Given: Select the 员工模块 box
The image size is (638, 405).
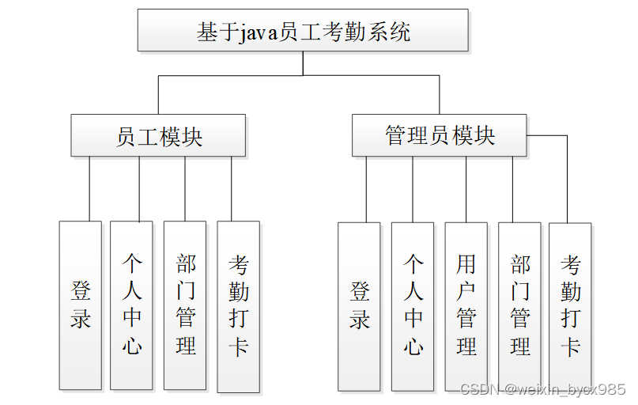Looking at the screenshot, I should click(x=158, y=135).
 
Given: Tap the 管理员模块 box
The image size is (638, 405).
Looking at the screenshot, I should click(x=439, y=135).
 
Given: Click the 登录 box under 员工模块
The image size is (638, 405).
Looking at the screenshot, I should click(x=81, y=305).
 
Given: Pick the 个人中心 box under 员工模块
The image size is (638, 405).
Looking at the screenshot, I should click(x=131, y=305).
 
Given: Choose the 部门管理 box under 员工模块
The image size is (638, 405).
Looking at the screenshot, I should click(x=185, y=305).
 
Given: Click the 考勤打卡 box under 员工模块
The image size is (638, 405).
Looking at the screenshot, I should click(x=238, y=305).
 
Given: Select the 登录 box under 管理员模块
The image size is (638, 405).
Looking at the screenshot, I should click(x=359, y=305).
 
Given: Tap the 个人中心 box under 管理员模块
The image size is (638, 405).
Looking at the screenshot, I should click(x=413, y=305).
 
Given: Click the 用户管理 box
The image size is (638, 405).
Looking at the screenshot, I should click(x=466, y=305).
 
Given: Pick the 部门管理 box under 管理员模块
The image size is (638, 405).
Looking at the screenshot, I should click(x=519, y=305).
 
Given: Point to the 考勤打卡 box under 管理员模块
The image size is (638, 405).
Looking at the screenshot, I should click(x=570, y=305).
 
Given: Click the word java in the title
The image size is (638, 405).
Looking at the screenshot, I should click(x=255, y=32).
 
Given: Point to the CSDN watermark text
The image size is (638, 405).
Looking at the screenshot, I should click(x=542, y=389).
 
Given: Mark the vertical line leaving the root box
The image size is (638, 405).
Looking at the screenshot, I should click(x=303, y=63).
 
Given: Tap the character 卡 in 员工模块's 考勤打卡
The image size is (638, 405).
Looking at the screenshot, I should click(x=239, y=346).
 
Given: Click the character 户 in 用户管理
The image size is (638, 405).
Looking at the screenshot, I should click(x=466, y=291).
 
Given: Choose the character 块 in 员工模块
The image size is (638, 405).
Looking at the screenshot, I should click(x=191, y=136).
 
